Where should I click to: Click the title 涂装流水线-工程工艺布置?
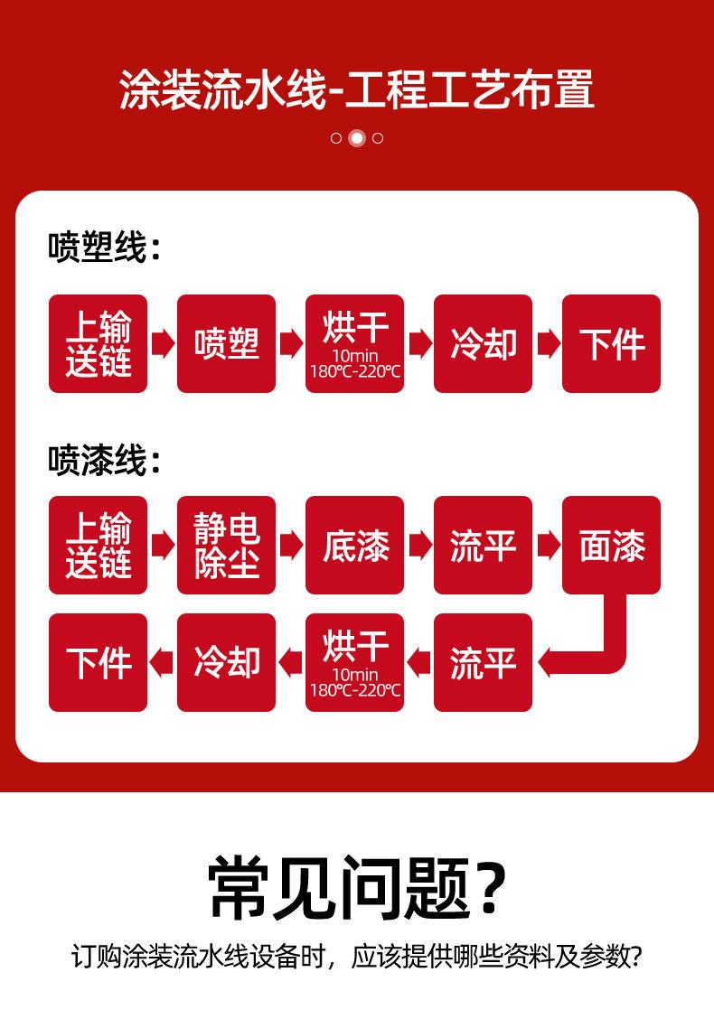pyautogui.click(x=357, y=90)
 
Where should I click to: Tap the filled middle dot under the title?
pyautogui.click(x=357, y=138)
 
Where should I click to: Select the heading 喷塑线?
pyautogui.click(x=104, y=248)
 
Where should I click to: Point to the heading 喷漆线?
pyautogui.click(x=104, y=461)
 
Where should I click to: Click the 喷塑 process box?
pyautogui.click(x=226, y=344)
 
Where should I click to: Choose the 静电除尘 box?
pyautogui.click(x=226, y=546)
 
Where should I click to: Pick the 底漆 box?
pyautogui.click(x=354, y=546)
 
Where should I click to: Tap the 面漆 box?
pyautogui.click(x=611, y=546)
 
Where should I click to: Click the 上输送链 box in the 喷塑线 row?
pyautogui.click(x=98, y=344)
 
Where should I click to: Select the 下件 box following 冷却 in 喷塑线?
pyautogui.click(x=611, y=344)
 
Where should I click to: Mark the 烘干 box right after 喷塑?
pyautogui.click(x=354, y=344)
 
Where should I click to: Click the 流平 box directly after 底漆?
pyautogui.click(x=483, y=546)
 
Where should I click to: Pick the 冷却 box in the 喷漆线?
pyautogui.click(x=226, y=663)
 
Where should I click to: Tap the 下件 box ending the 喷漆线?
pyautogui.click(x=98, y=663)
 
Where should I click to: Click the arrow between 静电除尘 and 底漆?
pyautogui.click(x=290, y=546)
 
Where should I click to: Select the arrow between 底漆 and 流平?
pyautogui.click(x=418, y=546)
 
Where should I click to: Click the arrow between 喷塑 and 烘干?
pyautogui.click(x=290, y=344)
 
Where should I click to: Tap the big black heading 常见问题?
pyautogui.click(x=357, y=887)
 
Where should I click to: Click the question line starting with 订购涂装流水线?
pyautogui.click(x=357, y=957)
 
